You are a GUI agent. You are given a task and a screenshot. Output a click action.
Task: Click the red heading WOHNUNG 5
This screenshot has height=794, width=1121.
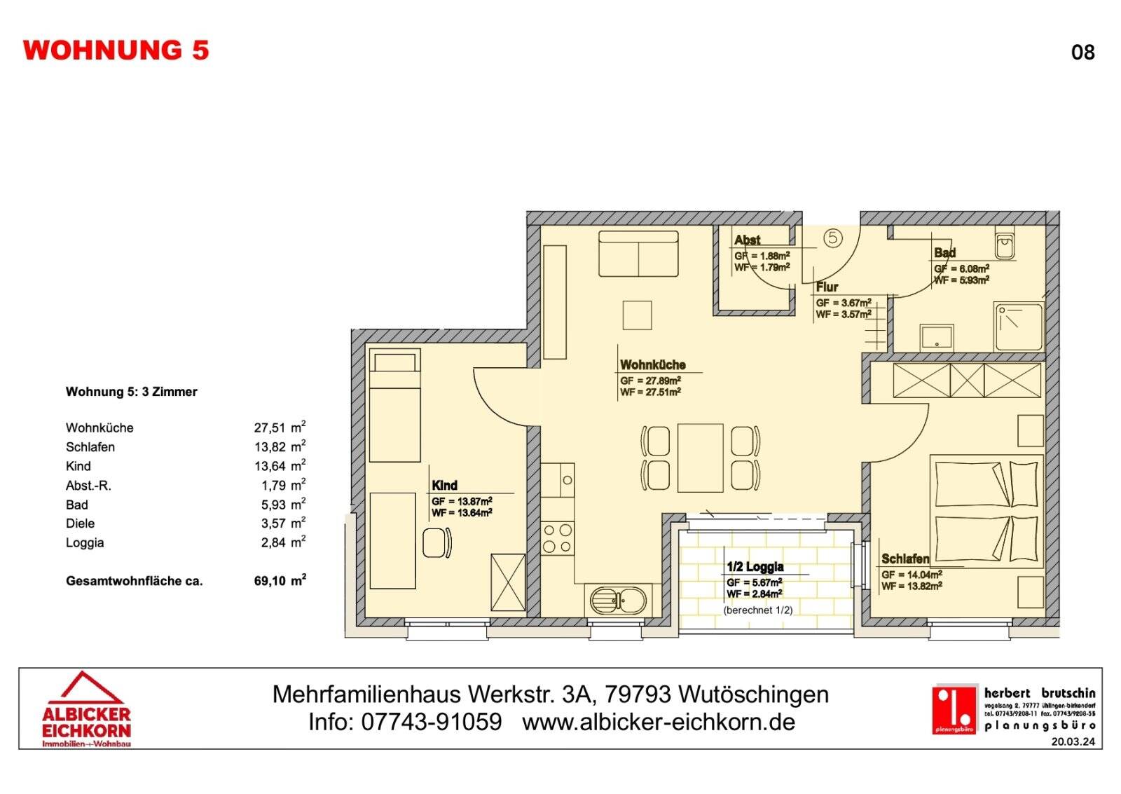point(116,50)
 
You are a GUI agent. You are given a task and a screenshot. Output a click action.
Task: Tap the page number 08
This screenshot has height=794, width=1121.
point(1082,53)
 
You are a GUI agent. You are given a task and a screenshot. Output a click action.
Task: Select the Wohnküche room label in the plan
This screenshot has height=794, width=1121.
point(652,365)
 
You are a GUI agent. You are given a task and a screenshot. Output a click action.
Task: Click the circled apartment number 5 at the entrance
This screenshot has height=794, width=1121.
point(832,238)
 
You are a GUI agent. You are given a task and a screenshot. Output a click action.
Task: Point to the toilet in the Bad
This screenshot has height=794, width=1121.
point(1005,245)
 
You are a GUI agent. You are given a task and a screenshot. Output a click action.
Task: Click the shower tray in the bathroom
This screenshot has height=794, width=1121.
point(1019,327)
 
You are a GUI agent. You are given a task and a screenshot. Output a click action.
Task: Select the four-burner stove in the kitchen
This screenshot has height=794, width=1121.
point(558,538)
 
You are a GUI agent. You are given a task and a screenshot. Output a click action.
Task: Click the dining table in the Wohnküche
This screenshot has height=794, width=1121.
point(700,458)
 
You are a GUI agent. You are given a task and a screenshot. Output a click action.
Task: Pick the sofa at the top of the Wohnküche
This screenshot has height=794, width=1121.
point(638,254)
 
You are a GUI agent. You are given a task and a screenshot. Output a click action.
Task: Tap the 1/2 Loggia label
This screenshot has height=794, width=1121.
point(755,567)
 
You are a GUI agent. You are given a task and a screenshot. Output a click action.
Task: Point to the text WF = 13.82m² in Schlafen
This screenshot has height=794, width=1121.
point(911,587)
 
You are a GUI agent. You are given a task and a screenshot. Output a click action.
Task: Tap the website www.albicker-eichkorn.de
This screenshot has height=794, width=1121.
point(659,722)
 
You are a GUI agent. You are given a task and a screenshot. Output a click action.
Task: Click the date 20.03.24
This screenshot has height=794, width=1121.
point(1073,741)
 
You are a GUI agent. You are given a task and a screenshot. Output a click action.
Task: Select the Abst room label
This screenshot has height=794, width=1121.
point(747,240)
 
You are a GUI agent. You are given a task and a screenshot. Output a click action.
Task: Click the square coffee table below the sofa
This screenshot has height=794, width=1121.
point(637,315)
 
